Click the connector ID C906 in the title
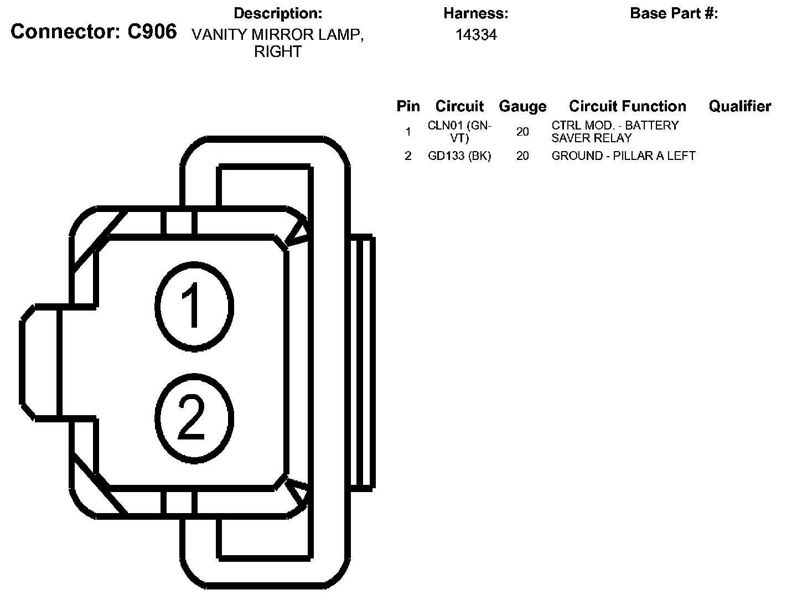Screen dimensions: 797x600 (152, 32)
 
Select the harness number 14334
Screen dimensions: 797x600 (476, 35)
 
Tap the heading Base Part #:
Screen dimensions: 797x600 (674, 13)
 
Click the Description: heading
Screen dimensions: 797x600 (278, 13)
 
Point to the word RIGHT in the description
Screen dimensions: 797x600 (278, 51)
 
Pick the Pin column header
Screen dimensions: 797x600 (408, 106)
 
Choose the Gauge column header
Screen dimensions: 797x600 (522, 106)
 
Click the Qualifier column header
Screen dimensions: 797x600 (739, 106)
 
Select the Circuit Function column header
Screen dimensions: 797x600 (627, 106)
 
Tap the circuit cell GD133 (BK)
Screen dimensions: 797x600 (459, 156)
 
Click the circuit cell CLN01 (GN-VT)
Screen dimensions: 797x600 (459, 132)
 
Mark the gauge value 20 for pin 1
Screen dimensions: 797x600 (522, 132)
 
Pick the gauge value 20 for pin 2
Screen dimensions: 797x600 (522, 156)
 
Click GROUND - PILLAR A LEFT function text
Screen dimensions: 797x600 (623, 156)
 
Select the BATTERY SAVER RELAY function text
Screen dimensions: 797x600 (614, 132)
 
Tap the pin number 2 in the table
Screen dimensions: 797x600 (408, 156)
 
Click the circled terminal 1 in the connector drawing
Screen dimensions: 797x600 (194, 306)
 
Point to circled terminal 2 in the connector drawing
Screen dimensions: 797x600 (194, 418)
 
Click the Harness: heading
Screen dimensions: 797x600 (475, 13)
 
